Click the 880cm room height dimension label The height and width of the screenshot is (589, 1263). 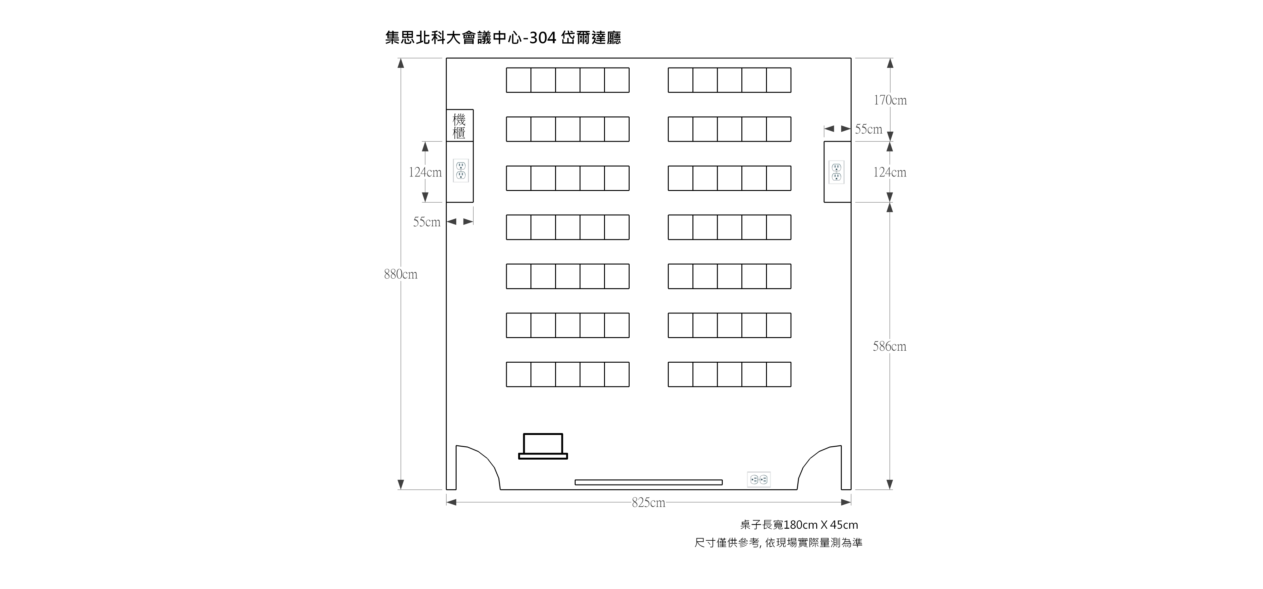tap(401, 274)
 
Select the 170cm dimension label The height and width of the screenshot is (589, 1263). tap(890, 100)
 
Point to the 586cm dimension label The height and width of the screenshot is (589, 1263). tap(889, 347)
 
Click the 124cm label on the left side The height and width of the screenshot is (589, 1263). tap(425, 172)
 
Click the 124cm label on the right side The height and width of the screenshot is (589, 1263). tap(889, 172)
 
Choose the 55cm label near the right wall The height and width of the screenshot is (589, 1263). tap(868, 129)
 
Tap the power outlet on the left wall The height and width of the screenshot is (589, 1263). tap(460, 170)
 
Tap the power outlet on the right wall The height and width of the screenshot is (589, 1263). tap(836, 172)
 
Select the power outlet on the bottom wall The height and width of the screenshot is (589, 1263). tap(759, 480)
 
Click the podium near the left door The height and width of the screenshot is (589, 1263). tap(543, 446)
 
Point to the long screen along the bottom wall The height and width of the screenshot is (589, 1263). tap(648, 483)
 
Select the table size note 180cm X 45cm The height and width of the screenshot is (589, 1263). tap(821, 525)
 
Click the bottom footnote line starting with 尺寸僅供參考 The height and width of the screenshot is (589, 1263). tap(778, 543)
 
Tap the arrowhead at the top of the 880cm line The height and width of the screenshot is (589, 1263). tap(401, 63)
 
